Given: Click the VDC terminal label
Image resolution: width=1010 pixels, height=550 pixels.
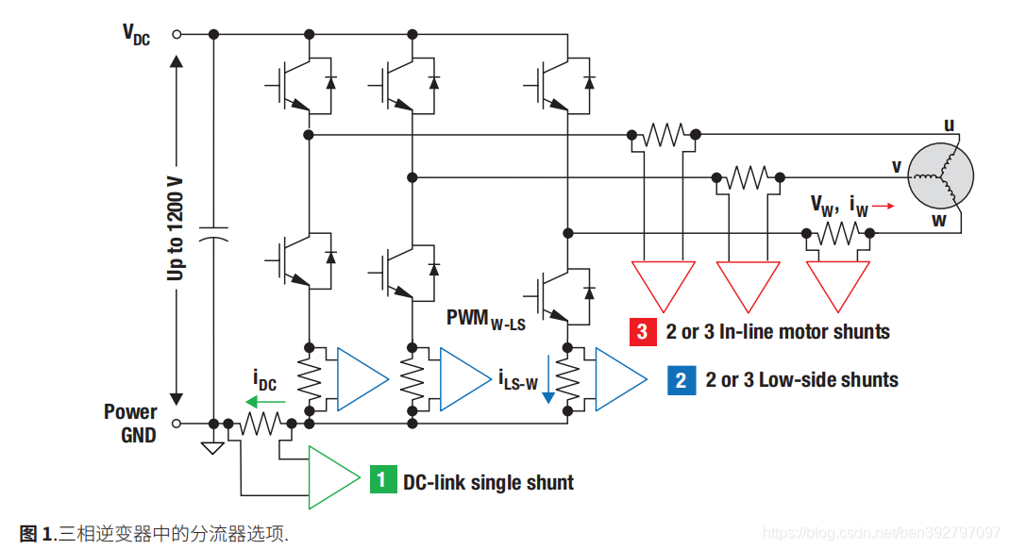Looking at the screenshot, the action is [x=136, y=35].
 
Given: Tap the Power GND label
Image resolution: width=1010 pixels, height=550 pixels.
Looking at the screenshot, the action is [x=131, y=424].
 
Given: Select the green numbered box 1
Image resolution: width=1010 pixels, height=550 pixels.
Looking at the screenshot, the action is [x=382, y=480].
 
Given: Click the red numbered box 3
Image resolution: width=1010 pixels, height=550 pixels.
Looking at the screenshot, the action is [x=643, y=332].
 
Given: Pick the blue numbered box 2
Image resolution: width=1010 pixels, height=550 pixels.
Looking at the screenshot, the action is [x=682, y=380].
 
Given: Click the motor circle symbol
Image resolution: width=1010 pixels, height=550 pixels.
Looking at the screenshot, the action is [x=940, y=176].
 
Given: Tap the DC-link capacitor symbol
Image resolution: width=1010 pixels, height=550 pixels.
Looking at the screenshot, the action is [x=213, y=233].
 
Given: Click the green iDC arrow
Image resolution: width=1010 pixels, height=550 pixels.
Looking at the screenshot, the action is [x=265, y=403].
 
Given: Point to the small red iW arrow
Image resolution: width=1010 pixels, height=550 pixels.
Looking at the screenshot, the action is [x=884, y=206].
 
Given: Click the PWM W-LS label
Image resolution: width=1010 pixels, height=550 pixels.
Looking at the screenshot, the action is [x=486, y=319].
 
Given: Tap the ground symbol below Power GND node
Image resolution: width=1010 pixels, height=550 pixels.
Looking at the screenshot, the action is [x=212, y=448].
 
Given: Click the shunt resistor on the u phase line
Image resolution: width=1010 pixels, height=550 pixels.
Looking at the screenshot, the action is [x=664, y=135].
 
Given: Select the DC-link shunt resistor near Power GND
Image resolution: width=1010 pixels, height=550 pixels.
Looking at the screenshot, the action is [x=261, y=424].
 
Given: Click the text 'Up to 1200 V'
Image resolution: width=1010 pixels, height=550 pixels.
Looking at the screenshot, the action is [x=176, y=228].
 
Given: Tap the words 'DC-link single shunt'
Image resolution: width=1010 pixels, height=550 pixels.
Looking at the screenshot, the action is [x=488, y=482].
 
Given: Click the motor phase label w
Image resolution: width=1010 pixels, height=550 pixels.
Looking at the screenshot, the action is [x=939, y=221].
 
